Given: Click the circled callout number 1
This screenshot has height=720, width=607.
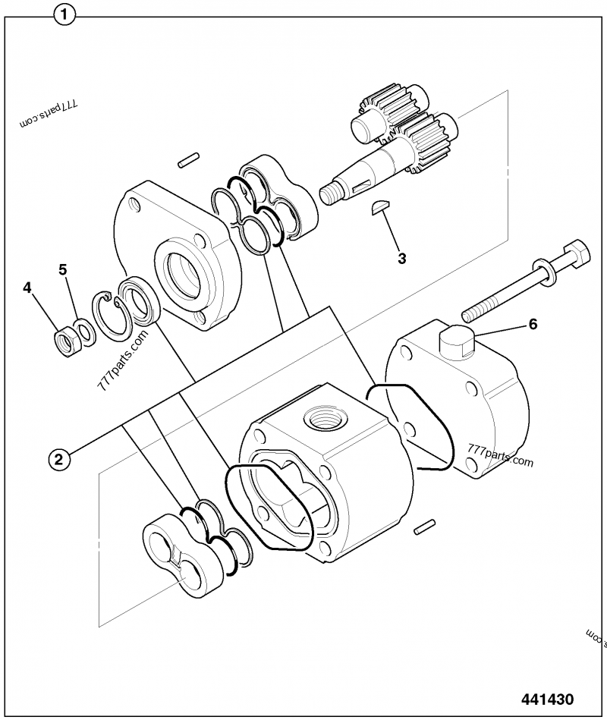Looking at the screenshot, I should [x=66, y=14].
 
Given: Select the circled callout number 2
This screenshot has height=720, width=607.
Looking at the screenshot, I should [x=60, y=457].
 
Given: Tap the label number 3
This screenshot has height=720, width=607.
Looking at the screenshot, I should [x=402, y=258].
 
